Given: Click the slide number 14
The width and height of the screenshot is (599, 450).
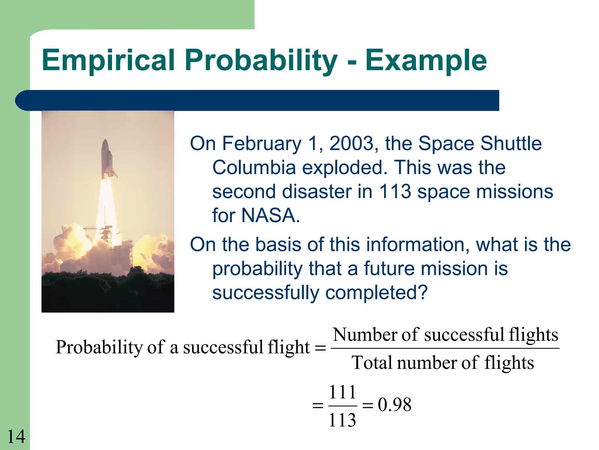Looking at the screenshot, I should (16, 437).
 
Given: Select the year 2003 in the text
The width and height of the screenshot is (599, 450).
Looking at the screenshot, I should (352, 144).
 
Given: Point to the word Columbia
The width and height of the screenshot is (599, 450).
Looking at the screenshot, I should (254, 168).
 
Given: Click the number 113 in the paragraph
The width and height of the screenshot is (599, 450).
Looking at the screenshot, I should (395, 192).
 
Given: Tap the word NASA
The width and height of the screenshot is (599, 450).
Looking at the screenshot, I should (271, 216).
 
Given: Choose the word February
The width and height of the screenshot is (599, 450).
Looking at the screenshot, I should (262, 144).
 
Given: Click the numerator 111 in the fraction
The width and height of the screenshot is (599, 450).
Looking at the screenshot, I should (342, 392).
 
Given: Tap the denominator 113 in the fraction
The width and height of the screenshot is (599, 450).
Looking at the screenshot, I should (342, 420).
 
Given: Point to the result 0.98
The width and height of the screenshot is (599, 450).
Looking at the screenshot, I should (395, 405).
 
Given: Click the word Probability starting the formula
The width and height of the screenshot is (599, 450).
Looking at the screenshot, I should (99, 347).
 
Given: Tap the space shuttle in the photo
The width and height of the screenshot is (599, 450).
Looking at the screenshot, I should (107, 160).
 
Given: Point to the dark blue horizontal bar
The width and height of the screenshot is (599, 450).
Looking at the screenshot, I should (257, 100).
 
